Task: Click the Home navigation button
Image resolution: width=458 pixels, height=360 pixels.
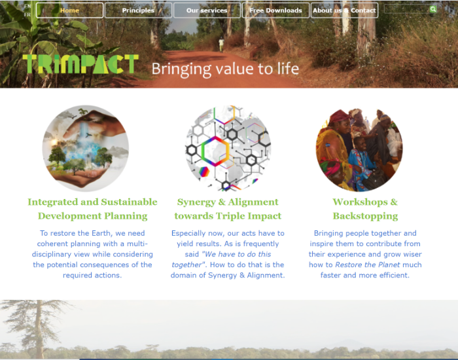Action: coord(69,10)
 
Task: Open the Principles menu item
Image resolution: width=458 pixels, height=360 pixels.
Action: coord(138,10)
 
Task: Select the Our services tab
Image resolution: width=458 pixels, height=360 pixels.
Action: coord(207,10)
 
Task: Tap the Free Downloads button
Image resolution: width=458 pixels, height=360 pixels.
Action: coord(275,10)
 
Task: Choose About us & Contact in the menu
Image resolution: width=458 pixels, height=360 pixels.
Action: coord(344,10)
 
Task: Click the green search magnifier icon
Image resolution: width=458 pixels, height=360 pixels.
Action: coord(433,9)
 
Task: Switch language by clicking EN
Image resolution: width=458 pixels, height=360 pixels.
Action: coord(27,6)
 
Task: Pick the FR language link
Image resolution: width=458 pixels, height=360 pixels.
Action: coord(27,14)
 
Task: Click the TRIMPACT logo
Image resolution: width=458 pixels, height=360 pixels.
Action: coord(80,64)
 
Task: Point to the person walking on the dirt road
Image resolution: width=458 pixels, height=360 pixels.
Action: coord(221,45)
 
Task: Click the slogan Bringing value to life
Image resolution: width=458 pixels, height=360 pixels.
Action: coord(225,69)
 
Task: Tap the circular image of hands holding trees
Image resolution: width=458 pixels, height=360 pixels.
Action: coord(86,149)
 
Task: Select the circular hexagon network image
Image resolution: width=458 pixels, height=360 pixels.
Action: coord(228,149)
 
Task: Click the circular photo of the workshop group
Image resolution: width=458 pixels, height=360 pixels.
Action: coord(359,150)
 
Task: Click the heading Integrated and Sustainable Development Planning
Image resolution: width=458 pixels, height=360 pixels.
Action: coord(92,209)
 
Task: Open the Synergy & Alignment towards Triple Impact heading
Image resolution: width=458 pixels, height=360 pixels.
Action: coord(228,209)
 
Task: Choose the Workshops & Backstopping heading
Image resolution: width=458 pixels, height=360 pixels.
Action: coord(365,209)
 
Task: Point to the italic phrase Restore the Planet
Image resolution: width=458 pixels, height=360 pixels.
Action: coord(368,264)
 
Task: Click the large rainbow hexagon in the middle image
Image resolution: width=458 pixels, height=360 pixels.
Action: coord(215,151)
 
